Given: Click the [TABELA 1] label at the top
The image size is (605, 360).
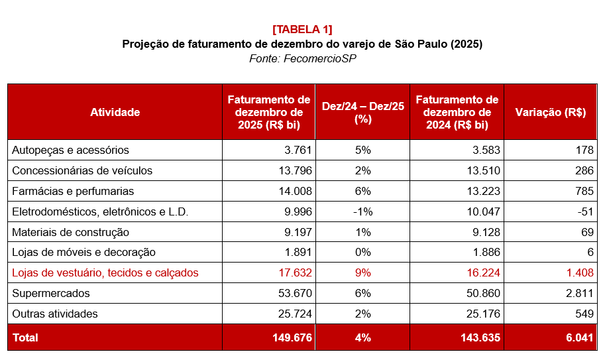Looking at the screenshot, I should point(302,29).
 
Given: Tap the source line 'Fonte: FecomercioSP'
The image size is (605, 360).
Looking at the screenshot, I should point(302,59).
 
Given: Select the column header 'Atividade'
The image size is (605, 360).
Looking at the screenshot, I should point(115,112).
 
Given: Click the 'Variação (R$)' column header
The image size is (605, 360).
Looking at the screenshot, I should point(550,112).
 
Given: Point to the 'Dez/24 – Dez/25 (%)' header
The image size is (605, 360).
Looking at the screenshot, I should point(362,112).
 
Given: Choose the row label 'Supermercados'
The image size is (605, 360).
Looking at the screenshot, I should point(51,293).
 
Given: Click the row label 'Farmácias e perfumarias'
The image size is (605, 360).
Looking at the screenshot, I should point(73,191).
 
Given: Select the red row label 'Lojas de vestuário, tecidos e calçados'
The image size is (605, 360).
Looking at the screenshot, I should point(105,272).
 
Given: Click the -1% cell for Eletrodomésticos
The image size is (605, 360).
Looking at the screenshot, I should point(362,211).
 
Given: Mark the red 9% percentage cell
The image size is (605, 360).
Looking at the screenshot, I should point(362,272).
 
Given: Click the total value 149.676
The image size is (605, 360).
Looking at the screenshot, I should point(292,337).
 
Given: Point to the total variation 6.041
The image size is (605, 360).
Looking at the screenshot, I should point(579,337).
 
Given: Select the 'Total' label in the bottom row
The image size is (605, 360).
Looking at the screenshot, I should point(25,337).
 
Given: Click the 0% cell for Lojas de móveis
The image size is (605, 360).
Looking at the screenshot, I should point(362,252).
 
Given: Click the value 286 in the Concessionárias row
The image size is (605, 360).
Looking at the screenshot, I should point(584,170).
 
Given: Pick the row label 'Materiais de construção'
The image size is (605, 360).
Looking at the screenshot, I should point(71,232).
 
